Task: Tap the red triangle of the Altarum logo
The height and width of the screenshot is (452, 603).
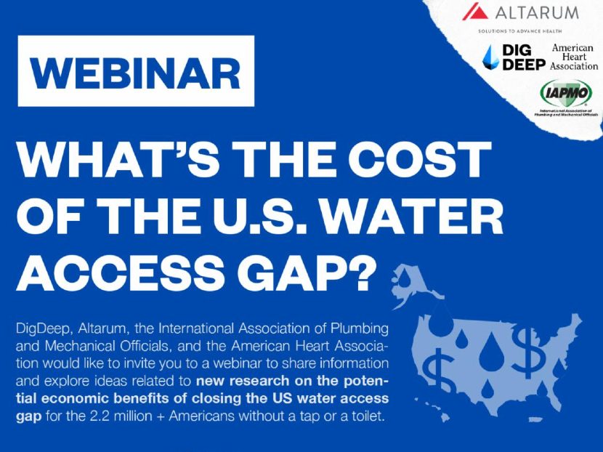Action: [475, 12]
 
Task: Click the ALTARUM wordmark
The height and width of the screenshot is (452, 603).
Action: [537, 12]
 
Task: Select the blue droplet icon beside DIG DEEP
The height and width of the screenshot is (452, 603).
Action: [495, 57]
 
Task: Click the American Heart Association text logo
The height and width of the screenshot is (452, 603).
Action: [574, 57]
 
